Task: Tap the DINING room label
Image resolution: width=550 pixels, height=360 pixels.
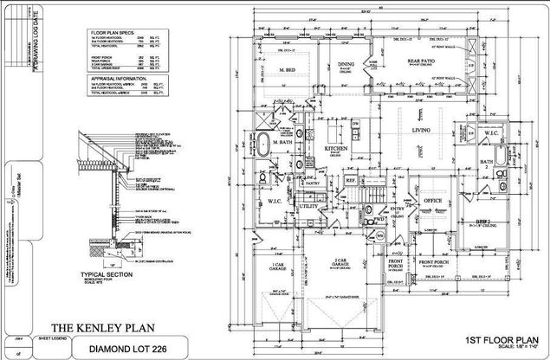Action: pos(346,63)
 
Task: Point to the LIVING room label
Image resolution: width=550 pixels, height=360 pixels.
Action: pos(422,130)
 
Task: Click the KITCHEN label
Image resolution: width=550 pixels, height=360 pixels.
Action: pos(336,148)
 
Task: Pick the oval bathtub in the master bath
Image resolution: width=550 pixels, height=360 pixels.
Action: pos(262,144)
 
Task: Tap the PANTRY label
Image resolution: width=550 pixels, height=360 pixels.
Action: pos(313,183)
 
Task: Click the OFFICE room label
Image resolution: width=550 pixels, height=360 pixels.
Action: pos(434,200)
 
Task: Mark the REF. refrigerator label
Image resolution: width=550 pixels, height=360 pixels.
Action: pos(351,180)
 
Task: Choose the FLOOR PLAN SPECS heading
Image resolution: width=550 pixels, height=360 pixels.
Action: pos(112,32)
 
